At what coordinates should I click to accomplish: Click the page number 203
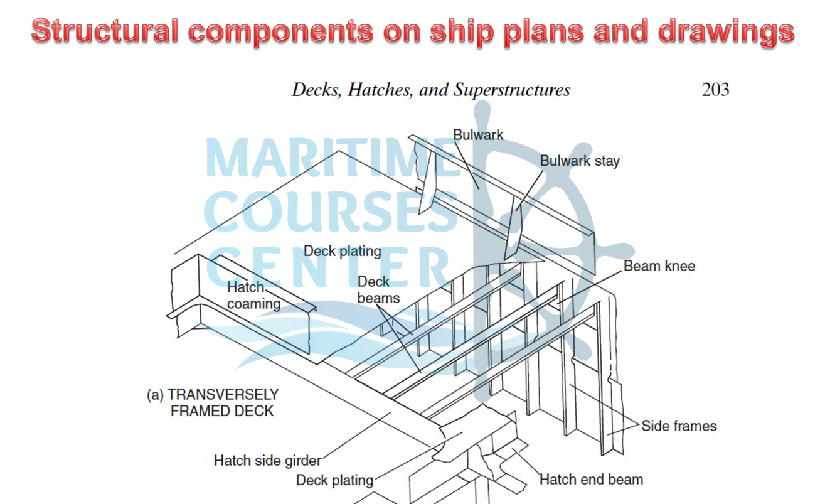click(715, 90)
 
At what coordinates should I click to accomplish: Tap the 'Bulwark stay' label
click(580, 161)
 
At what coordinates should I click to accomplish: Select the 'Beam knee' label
click(659, 266)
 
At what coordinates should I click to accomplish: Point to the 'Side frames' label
click(679, 426)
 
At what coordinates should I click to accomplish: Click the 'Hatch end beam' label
click(591, 480)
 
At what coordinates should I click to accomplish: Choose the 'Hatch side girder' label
click(267, 461)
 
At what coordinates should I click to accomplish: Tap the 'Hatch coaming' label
click(253, 296)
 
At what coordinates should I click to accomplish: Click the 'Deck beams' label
click(378, 290)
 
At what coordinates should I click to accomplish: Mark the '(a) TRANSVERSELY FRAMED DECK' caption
click(213, 403)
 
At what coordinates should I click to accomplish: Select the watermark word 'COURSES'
click(331, 212)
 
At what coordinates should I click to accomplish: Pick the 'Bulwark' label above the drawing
click(478, 134)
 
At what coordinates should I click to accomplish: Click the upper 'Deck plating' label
click(343, 251)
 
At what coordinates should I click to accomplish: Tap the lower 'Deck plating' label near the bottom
click(334, 481)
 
